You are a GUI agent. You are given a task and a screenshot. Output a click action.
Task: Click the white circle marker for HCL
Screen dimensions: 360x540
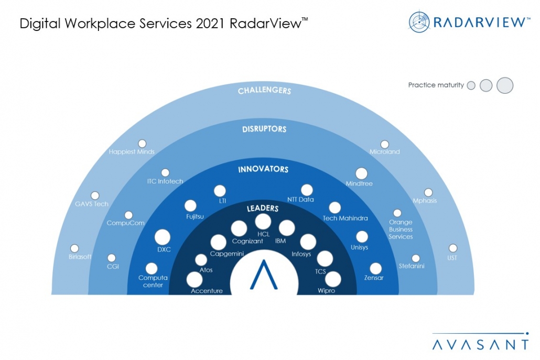coord(263,222)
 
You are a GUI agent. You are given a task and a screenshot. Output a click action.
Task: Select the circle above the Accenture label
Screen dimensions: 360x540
coord(195,280)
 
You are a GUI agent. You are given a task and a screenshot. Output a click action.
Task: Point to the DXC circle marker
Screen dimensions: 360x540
coord(163,237)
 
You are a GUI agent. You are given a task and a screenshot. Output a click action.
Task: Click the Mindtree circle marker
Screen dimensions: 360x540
coord(361,173)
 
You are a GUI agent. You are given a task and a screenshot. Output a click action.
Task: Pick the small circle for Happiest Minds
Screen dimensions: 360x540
coord(142,143)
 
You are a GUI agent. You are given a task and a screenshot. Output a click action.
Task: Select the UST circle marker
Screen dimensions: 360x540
coord(452,248)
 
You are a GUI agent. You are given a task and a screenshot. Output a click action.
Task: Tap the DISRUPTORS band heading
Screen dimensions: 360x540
coord(264,129)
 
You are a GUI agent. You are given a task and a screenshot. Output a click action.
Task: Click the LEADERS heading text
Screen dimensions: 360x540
coord(263,209)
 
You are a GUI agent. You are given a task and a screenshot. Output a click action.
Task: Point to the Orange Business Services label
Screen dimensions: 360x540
coord(401,229)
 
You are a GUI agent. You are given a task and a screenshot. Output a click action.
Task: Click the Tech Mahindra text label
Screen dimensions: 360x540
coord(345,218)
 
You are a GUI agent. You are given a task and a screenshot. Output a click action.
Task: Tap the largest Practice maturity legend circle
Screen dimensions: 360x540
coord(504,85)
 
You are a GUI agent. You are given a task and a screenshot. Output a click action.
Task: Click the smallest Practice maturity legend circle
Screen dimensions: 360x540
coord(471,85)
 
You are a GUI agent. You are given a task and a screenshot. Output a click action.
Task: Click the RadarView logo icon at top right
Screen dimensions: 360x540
coord(418,22)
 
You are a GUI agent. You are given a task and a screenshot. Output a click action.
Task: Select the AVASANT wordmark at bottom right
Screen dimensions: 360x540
coord(481,344)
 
